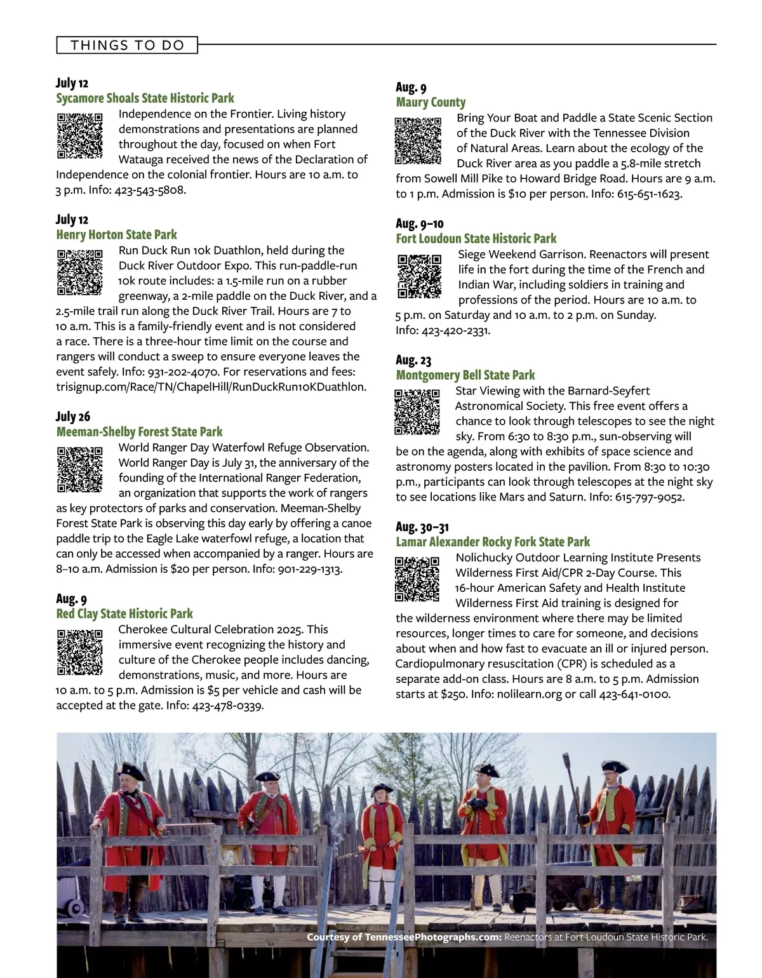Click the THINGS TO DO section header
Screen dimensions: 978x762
click(x=127, y=45)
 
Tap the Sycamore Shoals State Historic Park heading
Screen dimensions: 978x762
click(x=145, y=98)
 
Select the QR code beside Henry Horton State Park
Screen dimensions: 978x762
click(x=79, y=272)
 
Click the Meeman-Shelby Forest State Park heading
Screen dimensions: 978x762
click(x=139, y=432)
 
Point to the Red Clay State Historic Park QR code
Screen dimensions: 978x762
click(x=79, y=652)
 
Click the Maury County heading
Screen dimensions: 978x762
click(x=431, y=102)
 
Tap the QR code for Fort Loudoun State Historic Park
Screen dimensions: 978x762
click(x=419, y=276)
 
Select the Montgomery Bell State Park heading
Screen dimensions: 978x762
click(x=465, y=375)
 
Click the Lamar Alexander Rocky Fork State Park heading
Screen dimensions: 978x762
click(x=493, y=542)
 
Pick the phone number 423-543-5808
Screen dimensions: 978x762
click(x=150, y=190)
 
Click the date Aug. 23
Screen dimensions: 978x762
click(x=413, y=360)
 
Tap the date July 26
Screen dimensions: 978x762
click(x=73, y=417)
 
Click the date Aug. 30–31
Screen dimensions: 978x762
click(x=422, y=527)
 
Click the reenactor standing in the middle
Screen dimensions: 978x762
click(x=379, y=838)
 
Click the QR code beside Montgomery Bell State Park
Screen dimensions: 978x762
click(x=417, y=412)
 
